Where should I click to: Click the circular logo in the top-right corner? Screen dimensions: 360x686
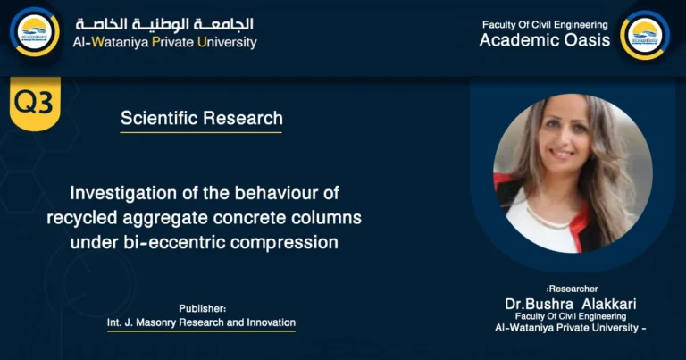click(x=644, y=34)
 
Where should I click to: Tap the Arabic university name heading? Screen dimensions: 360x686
click(x=164, y=23)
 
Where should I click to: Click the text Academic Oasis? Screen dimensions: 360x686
click(x=545, y=40)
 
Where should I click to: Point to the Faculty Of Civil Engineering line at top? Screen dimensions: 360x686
click(x=545, y=24)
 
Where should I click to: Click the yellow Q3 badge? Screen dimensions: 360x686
click(x=33, y=104)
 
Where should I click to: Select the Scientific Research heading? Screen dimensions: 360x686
click(x=201, y=118)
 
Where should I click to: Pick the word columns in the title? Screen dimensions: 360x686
click(x=327, y=217)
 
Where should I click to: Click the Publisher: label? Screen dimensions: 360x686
click(x=202, y=307)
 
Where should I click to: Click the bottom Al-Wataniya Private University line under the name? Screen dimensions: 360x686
click(x=569, y=328)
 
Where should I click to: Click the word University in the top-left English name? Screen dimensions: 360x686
click(x=227, y=42)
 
